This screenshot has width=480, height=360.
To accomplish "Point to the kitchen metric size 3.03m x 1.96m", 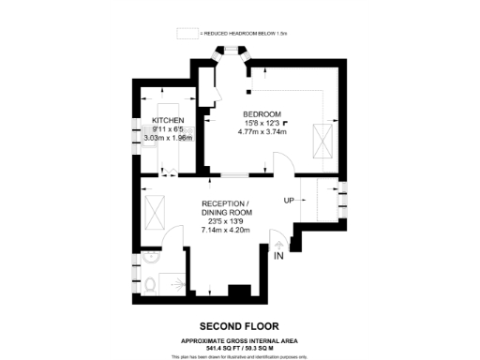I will point(167,138).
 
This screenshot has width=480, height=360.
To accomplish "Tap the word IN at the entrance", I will point(278,255).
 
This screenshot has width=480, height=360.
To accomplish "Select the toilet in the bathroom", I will point(151,284).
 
